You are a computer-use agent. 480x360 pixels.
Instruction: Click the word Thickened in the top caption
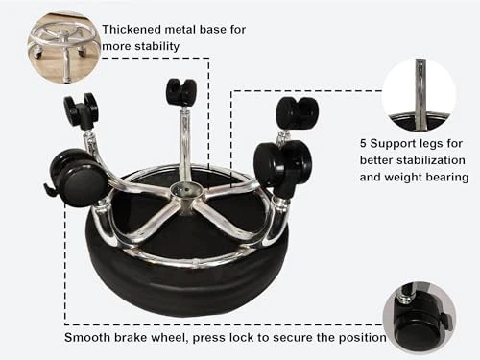pos(132,30)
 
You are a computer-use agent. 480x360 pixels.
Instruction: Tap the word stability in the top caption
pos(156,46)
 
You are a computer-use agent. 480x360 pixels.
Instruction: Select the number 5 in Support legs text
pos(363,143)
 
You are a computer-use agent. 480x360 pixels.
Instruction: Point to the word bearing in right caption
pos(448,178)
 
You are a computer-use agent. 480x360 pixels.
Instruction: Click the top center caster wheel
pos(180,90)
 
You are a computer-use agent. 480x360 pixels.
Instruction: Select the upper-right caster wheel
pos(297,113)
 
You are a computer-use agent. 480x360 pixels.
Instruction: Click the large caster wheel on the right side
pos(282,164)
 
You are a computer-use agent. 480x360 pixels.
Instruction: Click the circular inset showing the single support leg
pos(419,95)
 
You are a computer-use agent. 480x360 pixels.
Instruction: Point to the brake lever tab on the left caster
pos(51,189)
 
